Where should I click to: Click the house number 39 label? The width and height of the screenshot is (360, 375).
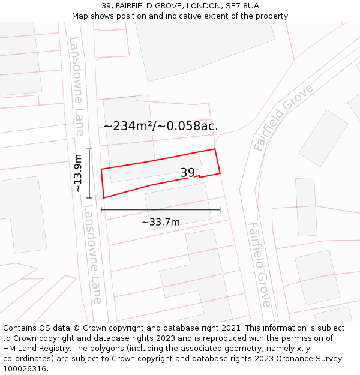pyautogui.click(x=188, y=173)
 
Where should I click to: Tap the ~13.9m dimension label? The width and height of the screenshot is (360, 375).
pyautogui.click(x=78, y=173)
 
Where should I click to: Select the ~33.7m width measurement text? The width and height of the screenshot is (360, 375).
pyautogui.click(x=161, y=222)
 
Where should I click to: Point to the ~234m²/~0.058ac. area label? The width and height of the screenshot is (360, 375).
pyautogui.click(x=160, y=126)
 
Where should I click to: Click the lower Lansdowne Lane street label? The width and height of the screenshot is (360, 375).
pyautogui.click(x=93, y=255)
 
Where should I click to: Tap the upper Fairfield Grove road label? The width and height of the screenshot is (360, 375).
pyautogui.click(x=283, y=117)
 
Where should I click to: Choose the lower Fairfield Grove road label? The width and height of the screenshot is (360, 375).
pyautogui.click(x=259, y=264)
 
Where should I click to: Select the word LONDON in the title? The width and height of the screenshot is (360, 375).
pyautogui.click(x=200, y=6)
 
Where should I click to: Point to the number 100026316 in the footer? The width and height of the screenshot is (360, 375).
pyautogui.click(x=25, y=368)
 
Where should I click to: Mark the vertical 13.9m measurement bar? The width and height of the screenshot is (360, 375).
pyautogui.click(x=89, y=173)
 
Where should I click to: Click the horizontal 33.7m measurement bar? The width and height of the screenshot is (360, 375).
pyautogui.click(x=161, y=210)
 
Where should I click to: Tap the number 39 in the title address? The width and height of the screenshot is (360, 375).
pyautogui.click(x=107, y=6)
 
